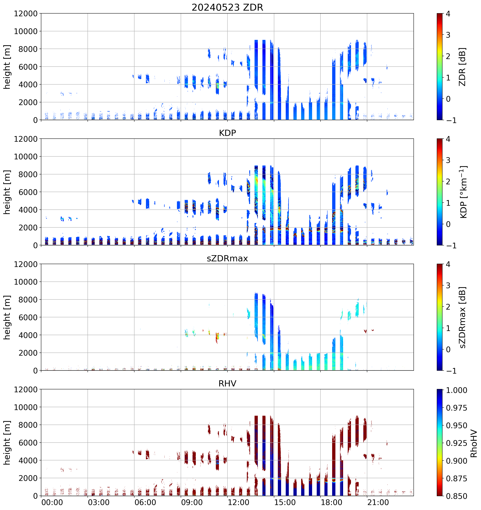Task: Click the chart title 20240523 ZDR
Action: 227,7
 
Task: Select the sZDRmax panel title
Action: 227,258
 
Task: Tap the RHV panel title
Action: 227,384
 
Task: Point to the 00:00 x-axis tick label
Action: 52,502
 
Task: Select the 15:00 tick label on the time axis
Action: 285,502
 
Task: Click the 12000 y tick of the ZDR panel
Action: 26,14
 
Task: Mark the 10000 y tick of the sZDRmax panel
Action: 26,282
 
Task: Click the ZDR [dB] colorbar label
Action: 462,67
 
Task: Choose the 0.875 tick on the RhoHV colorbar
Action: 456,479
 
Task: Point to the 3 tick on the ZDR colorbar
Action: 448,35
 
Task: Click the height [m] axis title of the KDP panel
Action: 7,192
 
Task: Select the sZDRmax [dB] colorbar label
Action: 462,317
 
